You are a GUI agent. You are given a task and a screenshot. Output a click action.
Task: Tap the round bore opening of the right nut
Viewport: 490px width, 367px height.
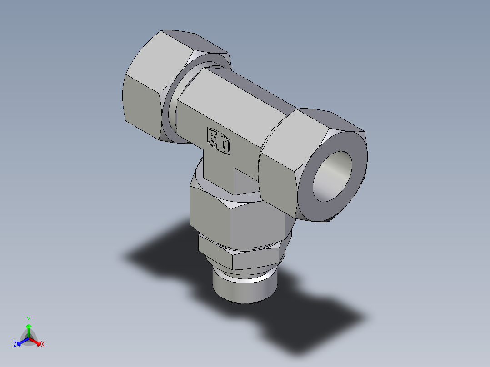(333, 176)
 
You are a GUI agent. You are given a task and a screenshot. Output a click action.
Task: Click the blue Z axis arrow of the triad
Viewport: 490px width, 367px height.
(21, 342)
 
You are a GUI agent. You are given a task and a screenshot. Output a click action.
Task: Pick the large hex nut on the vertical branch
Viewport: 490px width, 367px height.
(236, 218)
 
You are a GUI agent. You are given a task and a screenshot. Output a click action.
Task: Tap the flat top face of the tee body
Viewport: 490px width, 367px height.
(245, 95)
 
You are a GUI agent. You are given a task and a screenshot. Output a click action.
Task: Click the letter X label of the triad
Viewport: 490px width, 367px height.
(43, 344)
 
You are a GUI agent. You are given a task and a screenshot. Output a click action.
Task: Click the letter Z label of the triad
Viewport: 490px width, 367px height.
(15, 344)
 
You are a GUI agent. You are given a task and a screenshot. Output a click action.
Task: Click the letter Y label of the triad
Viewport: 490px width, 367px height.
(29, 319)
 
